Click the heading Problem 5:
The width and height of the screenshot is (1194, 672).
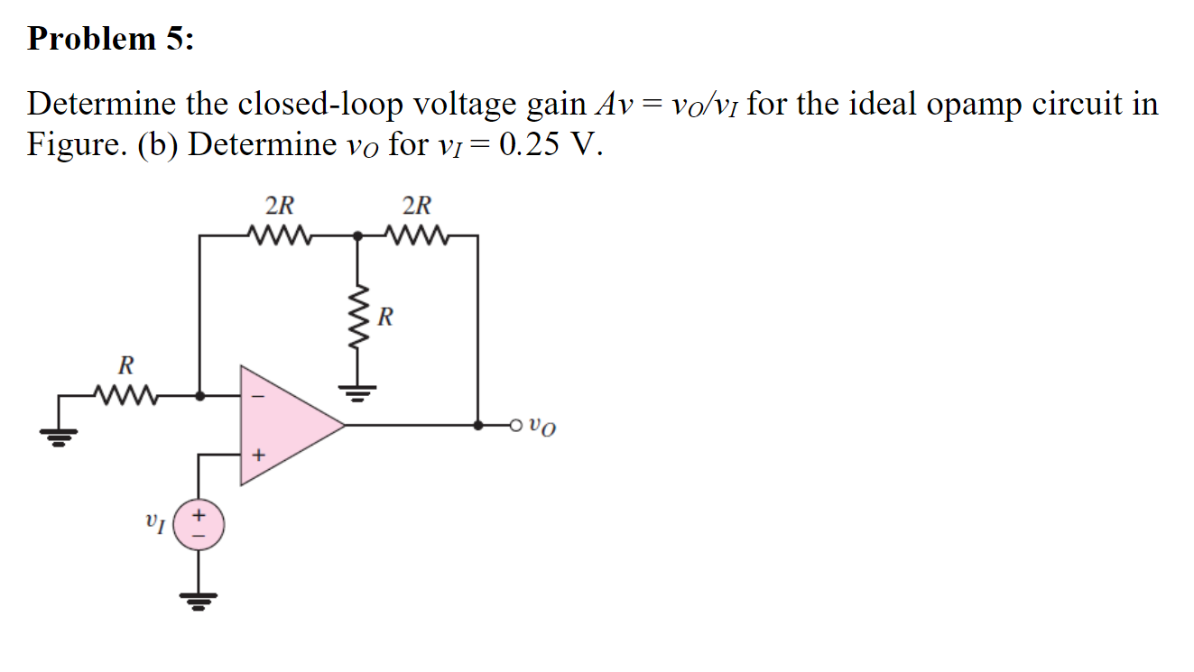pos(110,39)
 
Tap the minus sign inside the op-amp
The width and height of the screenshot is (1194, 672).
pos(256,394)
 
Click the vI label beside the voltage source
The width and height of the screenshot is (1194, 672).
pos(154,521)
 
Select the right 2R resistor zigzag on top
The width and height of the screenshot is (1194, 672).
pos(417,236)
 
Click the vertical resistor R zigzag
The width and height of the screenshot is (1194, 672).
pos(359,317)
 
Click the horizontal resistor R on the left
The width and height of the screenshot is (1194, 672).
pos(126,394)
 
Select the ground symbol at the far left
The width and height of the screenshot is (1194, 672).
pos(59,437)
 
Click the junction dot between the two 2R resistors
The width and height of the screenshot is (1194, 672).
pos(359,236)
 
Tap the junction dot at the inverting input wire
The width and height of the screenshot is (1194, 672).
pos(199,394)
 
